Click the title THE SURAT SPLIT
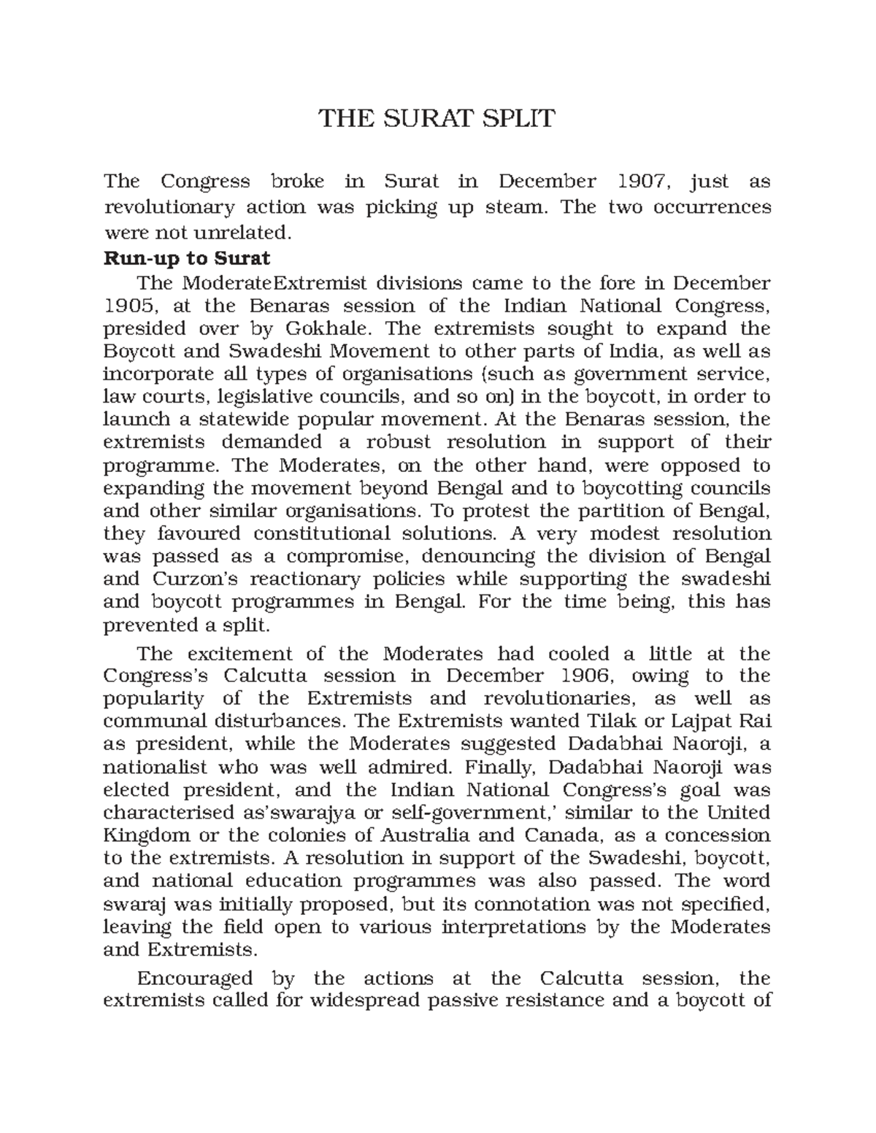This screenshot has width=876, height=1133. tap(437, 118)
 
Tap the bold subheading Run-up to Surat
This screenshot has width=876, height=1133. tap(187, 258)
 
